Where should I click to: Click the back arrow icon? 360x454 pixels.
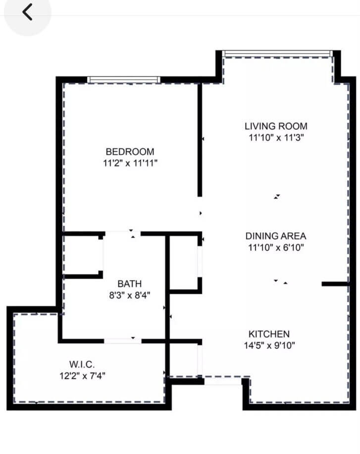pos(27,12)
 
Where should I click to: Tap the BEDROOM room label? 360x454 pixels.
pos(130,152)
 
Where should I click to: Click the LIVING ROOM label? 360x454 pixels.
pos(276,126)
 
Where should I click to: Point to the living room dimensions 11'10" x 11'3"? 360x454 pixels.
pos(276,137)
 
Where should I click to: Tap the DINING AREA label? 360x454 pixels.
pos(276,236)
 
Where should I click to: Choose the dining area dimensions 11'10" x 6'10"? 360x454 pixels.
pos(276,247)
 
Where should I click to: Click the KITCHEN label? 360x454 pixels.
pos(269,334)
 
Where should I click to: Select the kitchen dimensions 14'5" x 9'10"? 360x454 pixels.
pos(269,345)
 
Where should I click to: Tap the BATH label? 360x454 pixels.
pos(130,284)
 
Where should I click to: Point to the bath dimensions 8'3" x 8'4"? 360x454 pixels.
pos(130,295)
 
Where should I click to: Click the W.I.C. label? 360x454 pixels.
pos(83,365)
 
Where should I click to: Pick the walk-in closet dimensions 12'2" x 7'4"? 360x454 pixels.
pos(83,376)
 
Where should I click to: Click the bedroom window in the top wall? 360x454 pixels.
pos(124,79)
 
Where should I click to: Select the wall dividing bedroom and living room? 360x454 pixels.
pos(200,139)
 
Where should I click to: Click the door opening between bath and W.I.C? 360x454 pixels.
pos(122,340)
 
